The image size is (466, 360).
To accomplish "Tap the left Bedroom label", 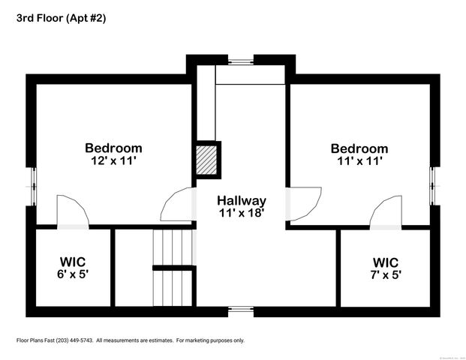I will click(113, 148).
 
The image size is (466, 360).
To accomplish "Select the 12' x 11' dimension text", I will click(113, 160).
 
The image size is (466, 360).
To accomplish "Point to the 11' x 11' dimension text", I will click(359, 160).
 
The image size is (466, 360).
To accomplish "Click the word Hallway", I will click(242, 201).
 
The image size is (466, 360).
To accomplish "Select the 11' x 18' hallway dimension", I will click(242, 213).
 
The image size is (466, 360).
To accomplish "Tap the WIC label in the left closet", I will click(73, 262).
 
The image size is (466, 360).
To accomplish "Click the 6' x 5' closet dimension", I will click(73, 274).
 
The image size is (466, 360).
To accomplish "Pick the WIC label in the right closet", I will click(386, 262).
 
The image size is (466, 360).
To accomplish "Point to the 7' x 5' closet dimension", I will click(386, 275).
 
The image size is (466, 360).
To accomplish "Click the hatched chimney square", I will click(208, 160).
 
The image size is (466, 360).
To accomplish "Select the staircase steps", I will click(173, 248).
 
